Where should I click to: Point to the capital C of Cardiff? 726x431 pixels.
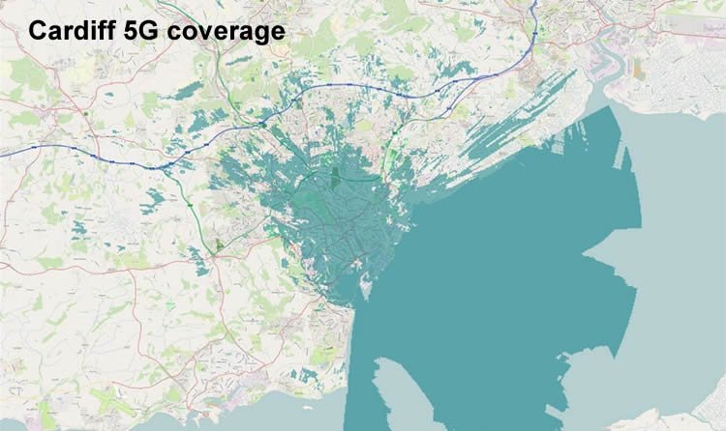tap(37, 31)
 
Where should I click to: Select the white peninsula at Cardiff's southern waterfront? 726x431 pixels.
tap(365, 286)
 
